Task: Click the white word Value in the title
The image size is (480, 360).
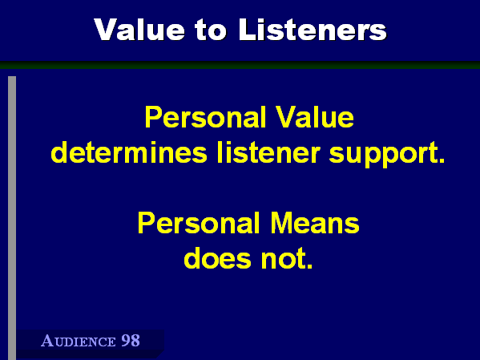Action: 139,29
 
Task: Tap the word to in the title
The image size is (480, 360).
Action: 212,30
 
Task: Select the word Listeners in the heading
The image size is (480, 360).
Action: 313,29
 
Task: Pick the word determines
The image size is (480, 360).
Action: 129,152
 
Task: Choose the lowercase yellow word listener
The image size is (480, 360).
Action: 268,152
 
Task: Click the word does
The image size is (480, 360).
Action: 217,258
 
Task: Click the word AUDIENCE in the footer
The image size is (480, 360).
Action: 78,341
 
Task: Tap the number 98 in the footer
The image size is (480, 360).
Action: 131,341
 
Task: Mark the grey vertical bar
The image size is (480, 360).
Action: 12,218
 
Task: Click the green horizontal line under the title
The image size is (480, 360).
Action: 240,65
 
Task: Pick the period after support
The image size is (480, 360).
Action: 442,160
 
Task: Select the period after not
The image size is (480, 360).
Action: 309,266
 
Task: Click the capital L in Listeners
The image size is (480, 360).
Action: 247,30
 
